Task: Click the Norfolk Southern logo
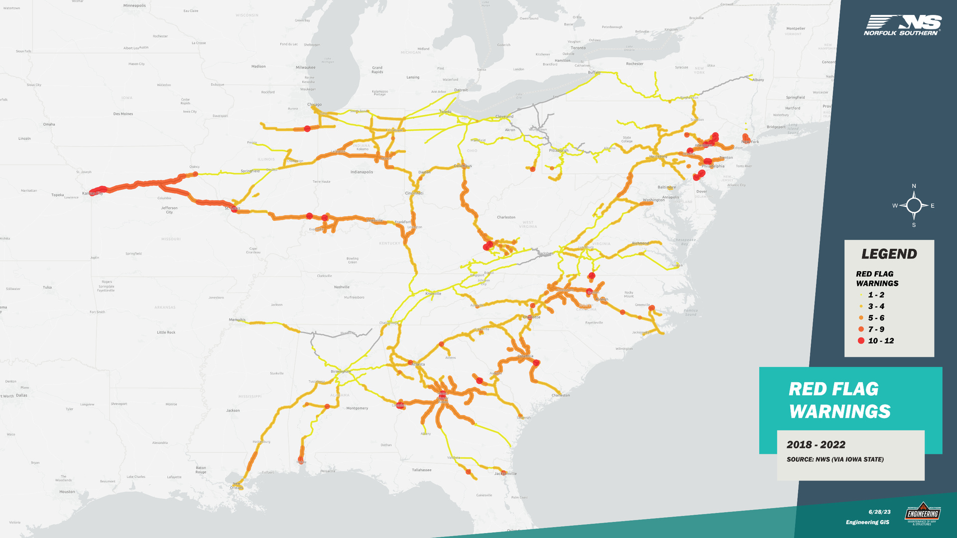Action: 902,25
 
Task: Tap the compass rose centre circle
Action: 914,205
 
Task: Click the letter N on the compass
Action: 914,186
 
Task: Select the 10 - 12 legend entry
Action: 880,341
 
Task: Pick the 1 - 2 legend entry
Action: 876,295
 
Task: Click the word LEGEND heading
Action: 889,254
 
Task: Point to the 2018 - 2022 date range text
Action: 816,444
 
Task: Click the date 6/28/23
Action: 879,512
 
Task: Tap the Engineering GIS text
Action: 867,522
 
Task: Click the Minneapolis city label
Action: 134,5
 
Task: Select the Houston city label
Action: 67,492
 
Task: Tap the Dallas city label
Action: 21,395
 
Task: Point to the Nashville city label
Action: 342,287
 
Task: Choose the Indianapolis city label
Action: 361,172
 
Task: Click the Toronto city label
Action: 578,48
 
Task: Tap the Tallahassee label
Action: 421,470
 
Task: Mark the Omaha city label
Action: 49,124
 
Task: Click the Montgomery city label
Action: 357,408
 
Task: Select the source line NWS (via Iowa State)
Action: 835,459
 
